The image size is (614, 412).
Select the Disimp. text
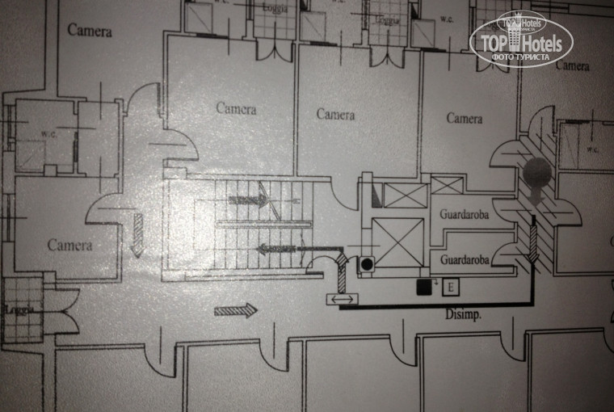464,315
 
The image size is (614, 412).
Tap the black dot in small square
366,263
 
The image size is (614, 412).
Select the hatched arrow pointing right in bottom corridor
236,309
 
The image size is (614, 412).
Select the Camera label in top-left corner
89,31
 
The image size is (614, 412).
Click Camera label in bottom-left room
69,245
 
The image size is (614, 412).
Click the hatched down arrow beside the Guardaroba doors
533,243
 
